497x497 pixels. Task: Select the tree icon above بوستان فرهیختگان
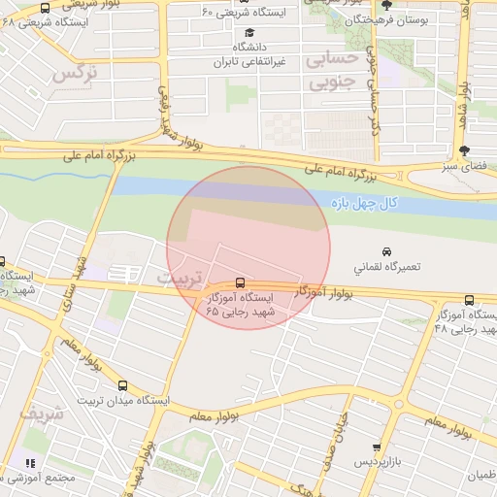click(386, 4)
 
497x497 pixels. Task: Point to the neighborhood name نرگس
click(75, 73)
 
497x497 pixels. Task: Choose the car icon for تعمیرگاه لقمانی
click(388, 251)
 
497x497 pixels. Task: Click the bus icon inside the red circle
click(241, 282)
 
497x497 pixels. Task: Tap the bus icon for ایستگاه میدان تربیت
click(121, 385)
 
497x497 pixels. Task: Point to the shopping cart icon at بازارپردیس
click(378, 447)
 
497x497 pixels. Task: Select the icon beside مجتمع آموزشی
click(29, 464)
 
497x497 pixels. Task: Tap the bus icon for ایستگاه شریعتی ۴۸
click(46, 8)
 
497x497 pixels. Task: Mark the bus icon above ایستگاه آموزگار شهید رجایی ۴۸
click(469, 301)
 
